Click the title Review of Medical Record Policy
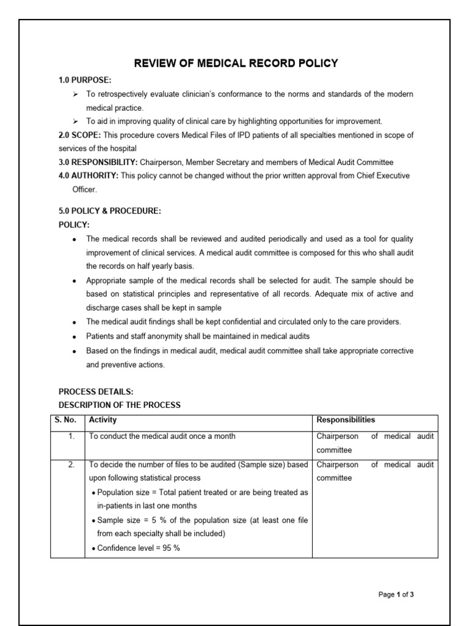(x=235, y=64)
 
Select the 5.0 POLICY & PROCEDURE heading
(x=109, y=211)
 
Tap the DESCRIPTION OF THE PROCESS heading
(x=120, y=405)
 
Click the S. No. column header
(x=67, y=420)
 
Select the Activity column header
(x=103, y=420)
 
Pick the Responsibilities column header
(x=346, y=420)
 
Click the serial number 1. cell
(x=71, y=436)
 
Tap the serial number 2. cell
(x=71, y=465)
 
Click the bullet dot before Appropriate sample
(x=74, y=281)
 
